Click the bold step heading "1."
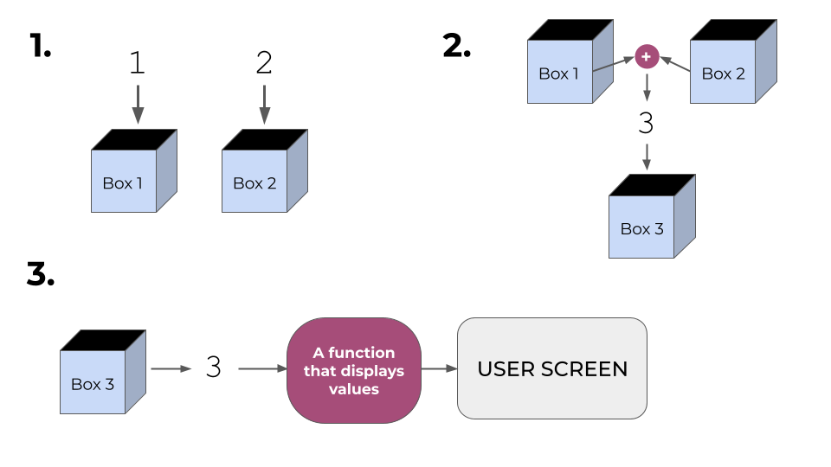click(40, 46)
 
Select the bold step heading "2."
click(456, 46)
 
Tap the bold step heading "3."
click(41, 274)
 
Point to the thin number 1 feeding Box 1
click(136, 62)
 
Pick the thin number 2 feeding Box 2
click(264, 62)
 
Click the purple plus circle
click(647, 57)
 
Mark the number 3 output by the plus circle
click(646, 124)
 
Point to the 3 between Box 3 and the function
click(214, 368)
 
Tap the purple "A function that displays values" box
click(353, 370)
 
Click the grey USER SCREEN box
click(551, 368)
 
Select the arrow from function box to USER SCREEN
click(439, 368)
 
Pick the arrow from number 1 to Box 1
click(136, 104)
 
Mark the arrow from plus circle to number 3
click(647, 87)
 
